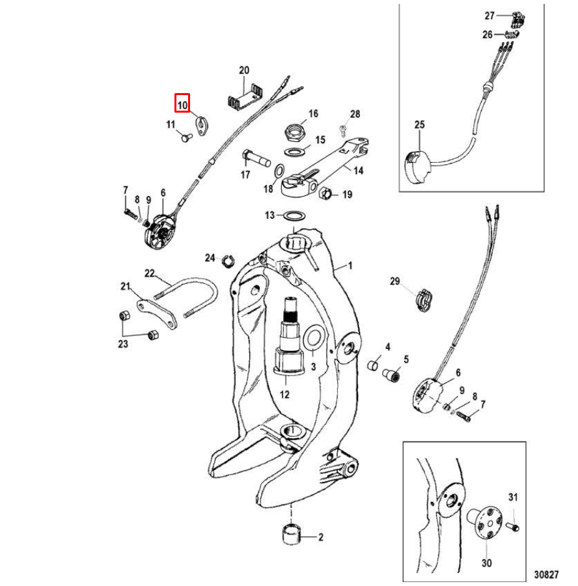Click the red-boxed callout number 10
(x=182, y=104)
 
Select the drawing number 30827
(x=545, y=575)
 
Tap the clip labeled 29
(x=423, y=299)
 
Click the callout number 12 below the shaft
(x=284, y=395)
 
